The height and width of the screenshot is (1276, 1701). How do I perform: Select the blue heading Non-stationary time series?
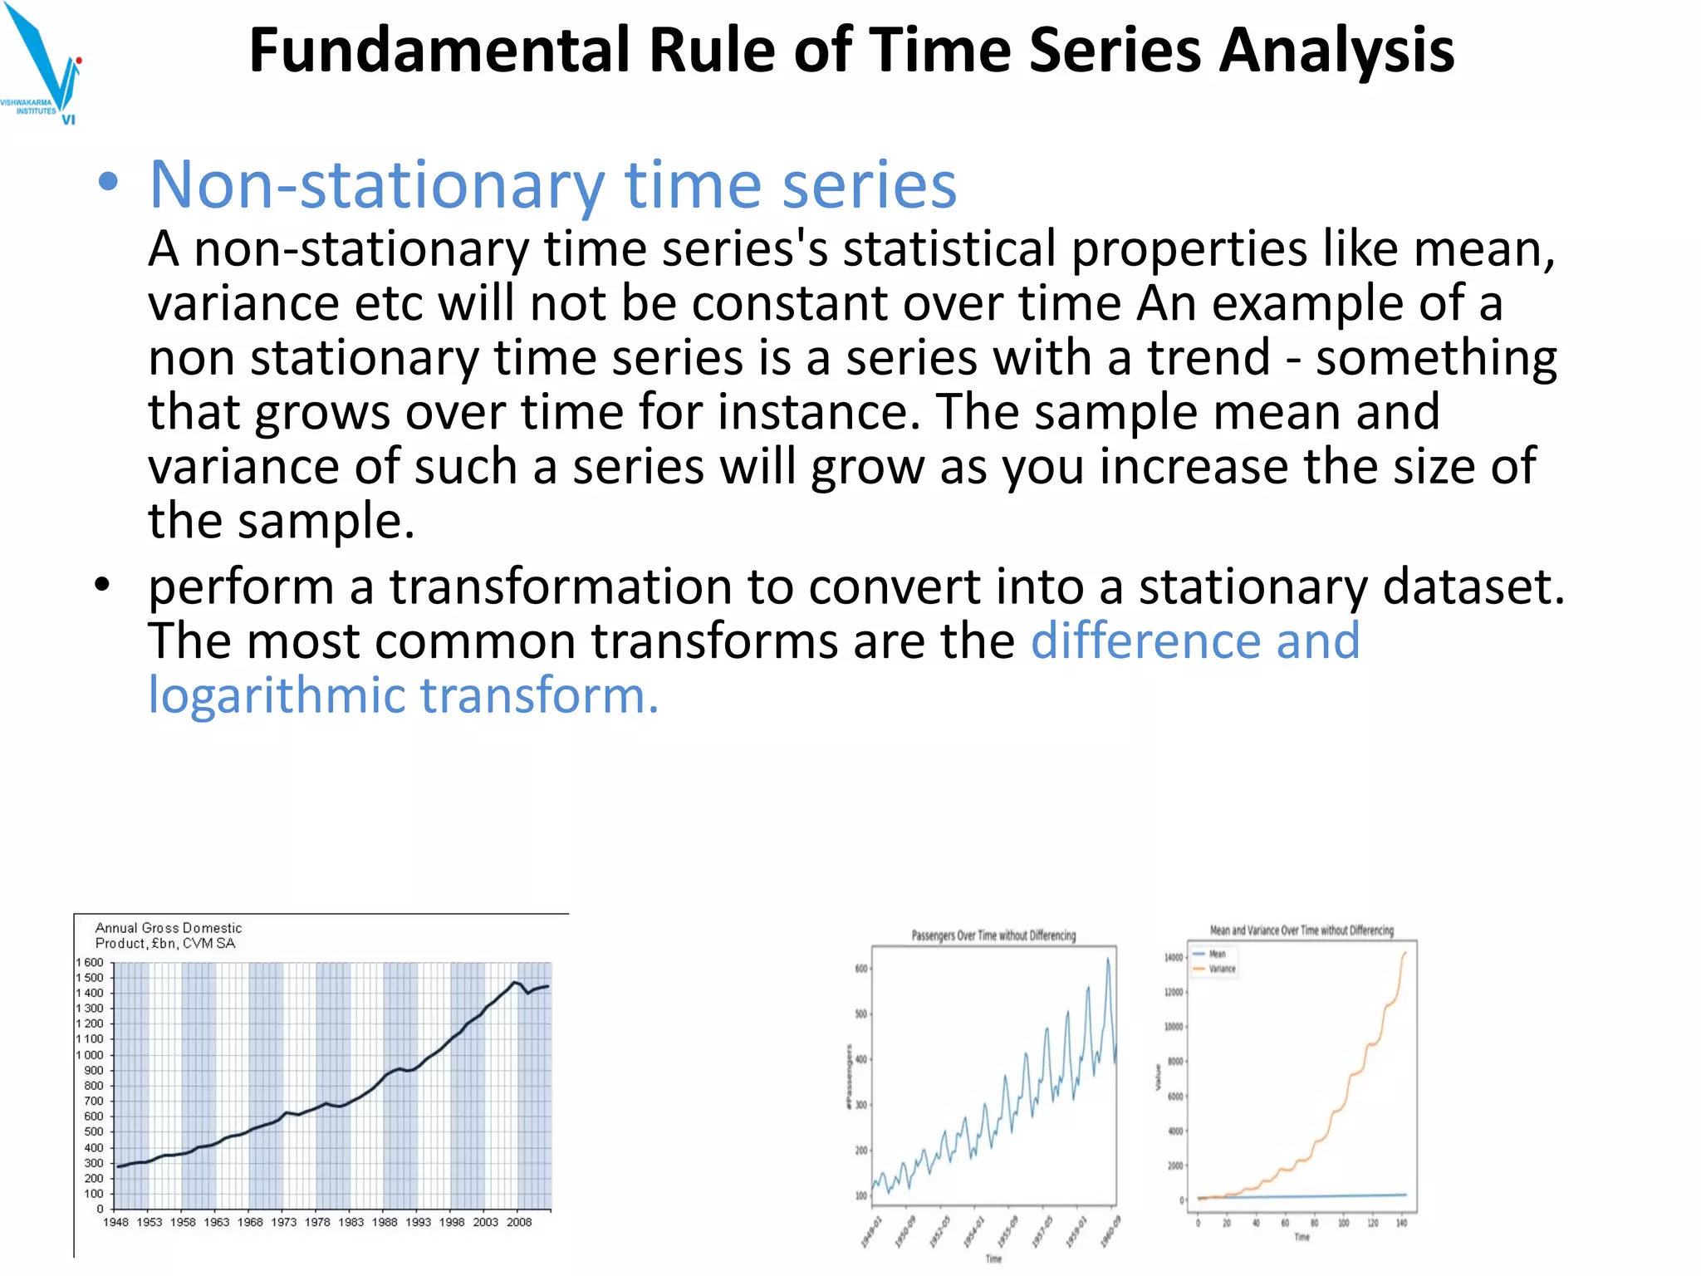click(x=552, y=184)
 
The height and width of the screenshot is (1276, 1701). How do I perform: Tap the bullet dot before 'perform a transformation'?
click(x=102, y=586)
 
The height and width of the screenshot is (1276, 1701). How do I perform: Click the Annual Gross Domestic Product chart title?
click(x=168, y=935)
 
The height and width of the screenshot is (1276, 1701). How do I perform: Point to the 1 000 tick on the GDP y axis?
click(x=91, y=1055)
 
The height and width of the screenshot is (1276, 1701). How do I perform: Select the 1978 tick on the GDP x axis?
click(x=317, y=1222)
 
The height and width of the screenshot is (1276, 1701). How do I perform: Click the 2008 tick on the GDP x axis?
click(x=519, y=1222)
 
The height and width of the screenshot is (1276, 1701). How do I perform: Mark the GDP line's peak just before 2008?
click(x=515, y=983)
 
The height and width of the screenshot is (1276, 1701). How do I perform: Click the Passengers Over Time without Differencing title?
click(x=993, y=935)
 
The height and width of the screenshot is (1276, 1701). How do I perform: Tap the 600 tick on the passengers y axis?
click(x=861, y=969)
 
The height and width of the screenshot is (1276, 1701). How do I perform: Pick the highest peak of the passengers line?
click(x=1108, y=959)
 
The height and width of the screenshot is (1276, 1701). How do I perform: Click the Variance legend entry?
click(x=1222, y=969)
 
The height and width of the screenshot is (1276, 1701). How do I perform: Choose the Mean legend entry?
click(x=1217, y=954)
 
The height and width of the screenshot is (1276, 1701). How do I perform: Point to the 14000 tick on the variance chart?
click(x=1173, y=958)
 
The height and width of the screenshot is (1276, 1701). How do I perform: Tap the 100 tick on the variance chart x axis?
click(x=1343, y=1223)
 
